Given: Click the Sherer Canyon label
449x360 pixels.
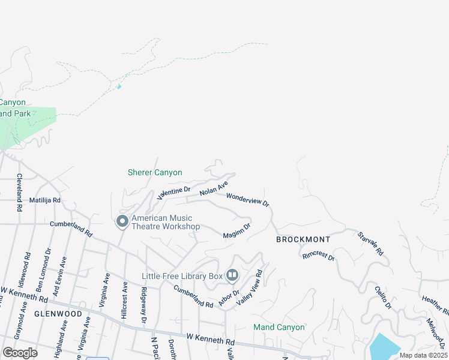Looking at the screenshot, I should (155, 172).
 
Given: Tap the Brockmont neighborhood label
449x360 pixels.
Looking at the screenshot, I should (304, 239).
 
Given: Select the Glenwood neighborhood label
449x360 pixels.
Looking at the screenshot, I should (58, 314).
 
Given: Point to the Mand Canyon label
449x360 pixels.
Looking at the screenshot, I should (279, 327).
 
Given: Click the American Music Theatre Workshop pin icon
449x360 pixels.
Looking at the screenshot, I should (122, 222).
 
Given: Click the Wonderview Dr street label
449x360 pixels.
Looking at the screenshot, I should (248, 200).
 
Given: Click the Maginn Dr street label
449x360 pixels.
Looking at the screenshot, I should (237, 230).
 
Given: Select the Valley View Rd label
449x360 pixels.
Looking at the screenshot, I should (250, 289).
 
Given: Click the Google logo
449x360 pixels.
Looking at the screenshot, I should (20, 352).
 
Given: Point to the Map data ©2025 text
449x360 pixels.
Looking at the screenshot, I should (423, 355).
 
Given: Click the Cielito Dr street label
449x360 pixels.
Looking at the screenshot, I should (383, 298).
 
